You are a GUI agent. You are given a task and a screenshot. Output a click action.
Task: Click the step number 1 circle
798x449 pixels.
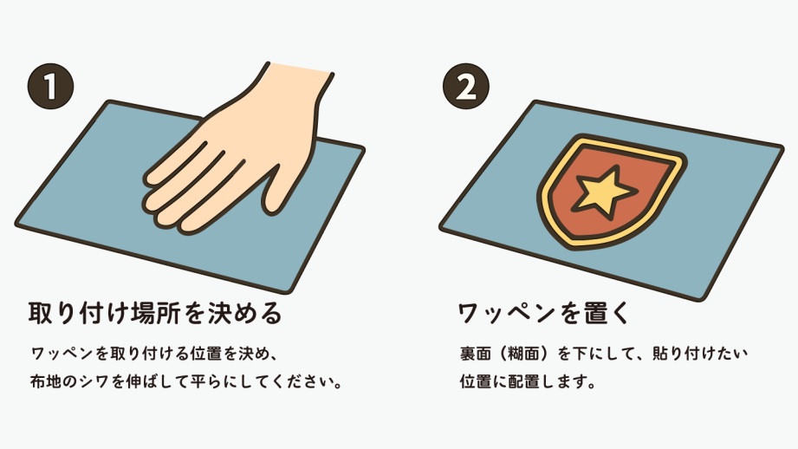click(x=50, y=86)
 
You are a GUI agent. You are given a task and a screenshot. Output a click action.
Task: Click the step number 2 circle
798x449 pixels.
click(x=465, y=86)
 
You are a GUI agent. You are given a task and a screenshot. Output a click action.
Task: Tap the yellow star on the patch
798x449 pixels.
click(x=604, y=192)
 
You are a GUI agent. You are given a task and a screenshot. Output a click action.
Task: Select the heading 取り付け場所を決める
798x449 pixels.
click(x=155, y=313)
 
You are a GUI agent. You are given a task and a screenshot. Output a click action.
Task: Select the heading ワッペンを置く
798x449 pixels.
click(x=544, y=313)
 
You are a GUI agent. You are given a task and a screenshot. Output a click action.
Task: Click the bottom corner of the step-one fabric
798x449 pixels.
click(x=288, y=291)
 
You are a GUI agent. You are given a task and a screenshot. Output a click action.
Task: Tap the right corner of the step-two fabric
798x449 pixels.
click(x=782, y=147)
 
